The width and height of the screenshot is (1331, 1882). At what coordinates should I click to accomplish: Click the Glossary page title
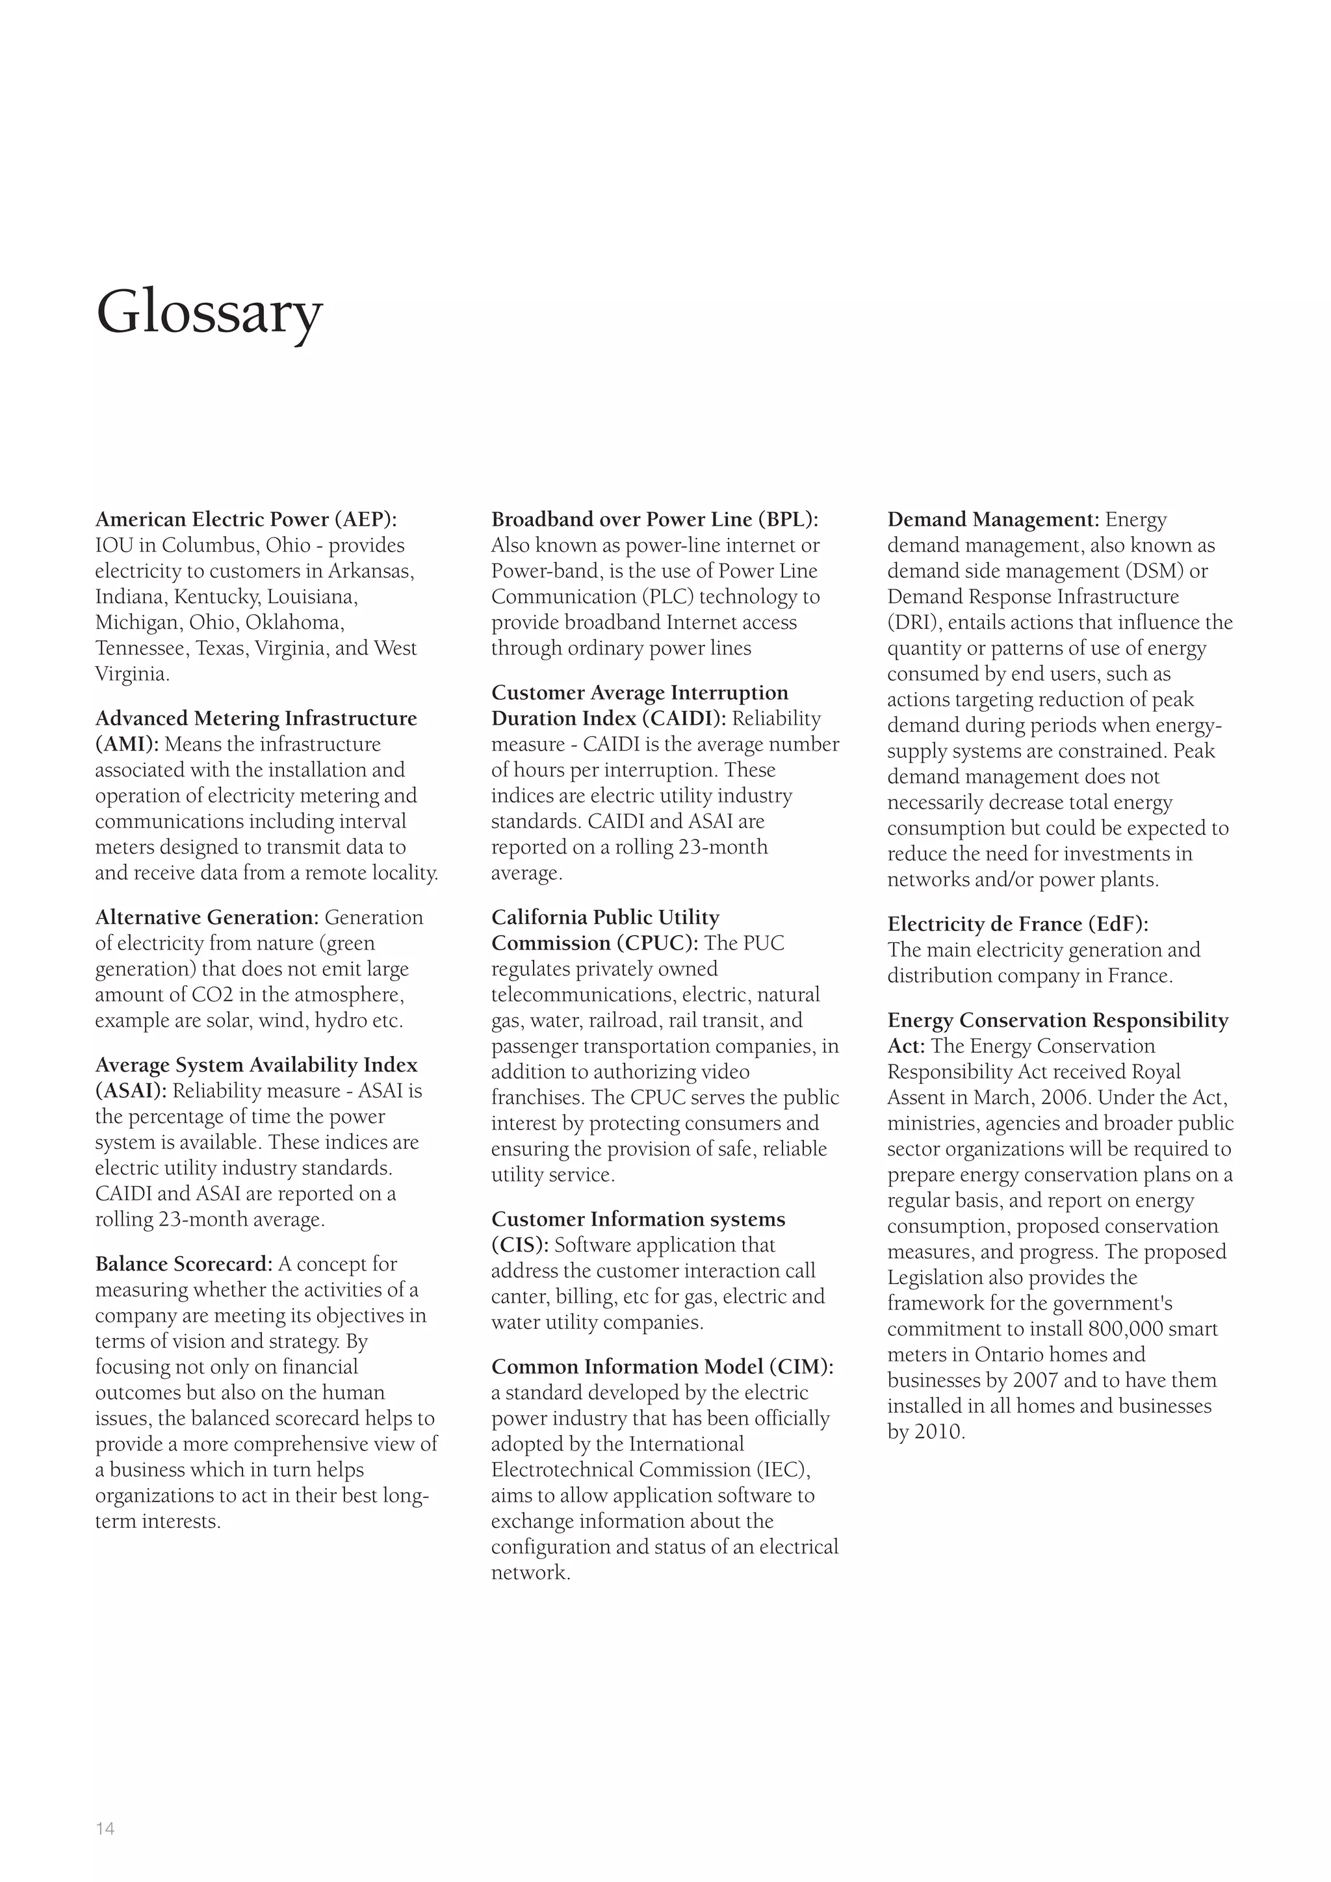pos(210,313)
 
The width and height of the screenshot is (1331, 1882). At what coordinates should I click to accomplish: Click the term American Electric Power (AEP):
pos(246,520)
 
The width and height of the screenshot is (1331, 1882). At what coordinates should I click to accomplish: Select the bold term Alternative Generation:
pos(207,917)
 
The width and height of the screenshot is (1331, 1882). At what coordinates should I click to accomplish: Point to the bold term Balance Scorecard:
pos(183,1264)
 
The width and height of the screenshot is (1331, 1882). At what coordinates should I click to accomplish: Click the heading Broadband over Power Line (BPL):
pos(655,520)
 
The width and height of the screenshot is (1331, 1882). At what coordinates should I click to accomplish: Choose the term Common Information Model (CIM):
pos(662,1367)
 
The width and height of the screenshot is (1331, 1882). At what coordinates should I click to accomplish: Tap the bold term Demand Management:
pos(993,520)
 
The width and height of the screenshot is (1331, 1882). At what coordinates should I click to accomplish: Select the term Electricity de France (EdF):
pos(1018,925)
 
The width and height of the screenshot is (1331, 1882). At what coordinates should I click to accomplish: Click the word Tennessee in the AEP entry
pos(142,649)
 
